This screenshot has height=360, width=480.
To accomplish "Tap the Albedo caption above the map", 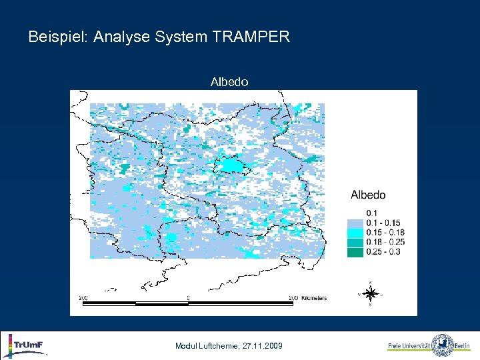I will [229, 82].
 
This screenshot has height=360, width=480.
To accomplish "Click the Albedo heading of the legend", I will [368, 195].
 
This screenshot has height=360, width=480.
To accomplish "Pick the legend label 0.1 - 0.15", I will [385, 223].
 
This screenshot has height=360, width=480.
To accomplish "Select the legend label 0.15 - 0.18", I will [386, 233].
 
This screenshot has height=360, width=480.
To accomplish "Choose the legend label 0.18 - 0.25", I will [386, 242].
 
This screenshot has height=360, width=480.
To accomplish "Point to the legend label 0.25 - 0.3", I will [383, 252].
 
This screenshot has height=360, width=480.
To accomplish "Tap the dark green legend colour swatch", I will [355, 252].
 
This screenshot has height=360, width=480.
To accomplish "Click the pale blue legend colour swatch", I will [355, 223].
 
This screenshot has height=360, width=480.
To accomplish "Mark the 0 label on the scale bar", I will [188, 297].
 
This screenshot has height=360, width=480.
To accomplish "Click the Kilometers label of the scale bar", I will [313, 298].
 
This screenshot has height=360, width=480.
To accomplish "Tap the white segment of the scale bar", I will [161, 303].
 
